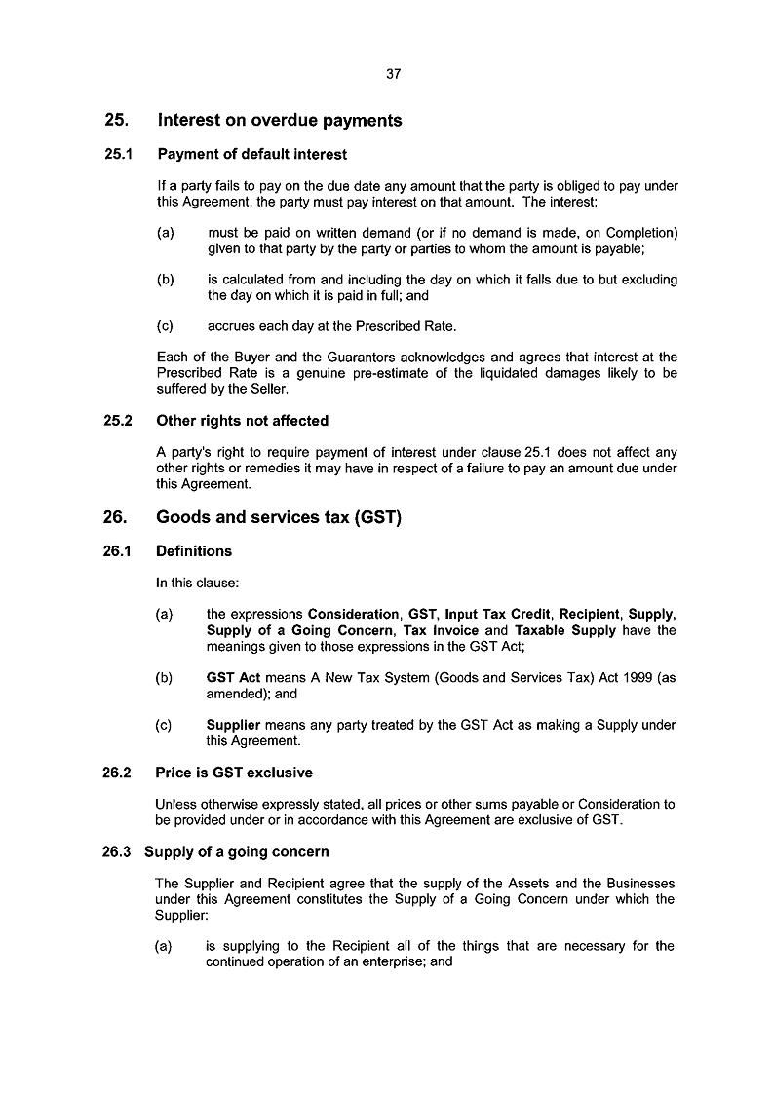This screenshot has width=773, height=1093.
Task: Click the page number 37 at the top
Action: (393, 74)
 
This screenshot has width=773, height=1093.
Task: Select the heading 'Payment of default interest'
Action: (251, 154)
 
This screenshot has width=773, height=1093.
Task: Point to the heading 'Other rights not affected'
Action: (242, 421)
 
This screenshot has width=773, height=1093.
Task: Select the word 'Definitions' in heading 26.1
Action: (194, 551)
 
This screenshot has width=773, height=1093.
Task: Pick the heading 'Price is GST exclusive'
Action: (234, 773)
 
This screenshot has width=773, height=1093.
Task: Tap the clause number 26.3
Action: (121, 851)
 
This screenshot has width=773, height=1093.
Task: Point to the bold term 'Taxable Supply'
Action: (565, 630)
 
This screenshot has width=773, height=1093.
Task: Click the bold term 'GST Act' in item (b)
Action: (232, 678)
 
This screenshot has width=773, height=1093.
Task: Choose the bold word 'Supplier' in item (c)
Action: (233, 725)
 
